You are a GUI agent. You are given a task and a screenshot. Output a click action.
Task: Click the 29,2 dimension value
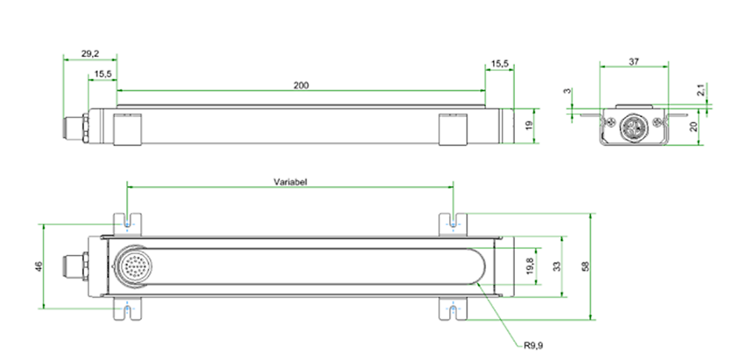(x=90, y=54)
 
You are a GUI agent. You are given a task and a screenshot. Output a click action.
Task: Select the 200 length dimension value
(x=300, y=85)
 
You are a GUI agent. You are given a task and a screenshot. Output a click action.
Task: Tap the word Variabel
(x=290, y=181)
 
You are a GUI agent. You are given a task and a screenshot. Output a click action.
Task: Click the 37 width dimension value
(x=634, y=62)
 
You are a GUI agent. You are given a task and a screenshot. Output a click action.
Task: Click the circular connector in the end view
(x=634, y=125)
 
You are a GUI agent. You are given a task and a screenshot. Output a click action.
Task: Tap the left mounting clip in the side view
(x=126, y=130)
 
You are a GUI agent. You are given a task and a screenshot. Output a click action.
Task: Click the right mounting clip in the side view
(x=452, y=130)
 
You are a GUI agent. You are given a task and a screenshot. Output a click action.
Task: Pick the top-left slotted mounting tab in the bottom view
(x=127, y=223)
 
